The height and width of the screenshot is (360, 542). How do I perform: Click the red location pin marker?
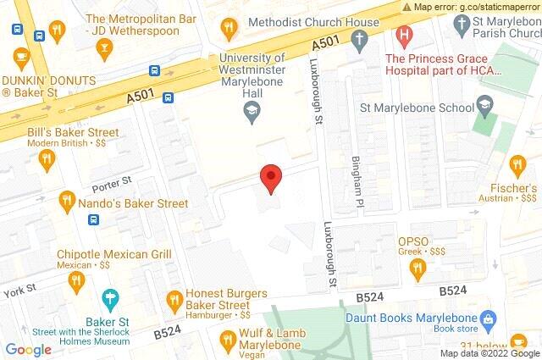[270, 176]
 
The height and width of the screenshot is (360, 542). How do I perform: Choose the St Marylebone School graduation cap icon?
[484, 106]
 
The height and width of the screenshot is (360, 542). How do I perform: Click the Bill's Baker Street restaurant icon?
[49, 158]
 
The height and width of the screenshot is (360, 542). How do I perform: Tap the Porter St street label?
[112, 180]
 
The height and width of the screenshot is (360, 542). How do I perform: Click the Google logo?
[29, 348]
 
